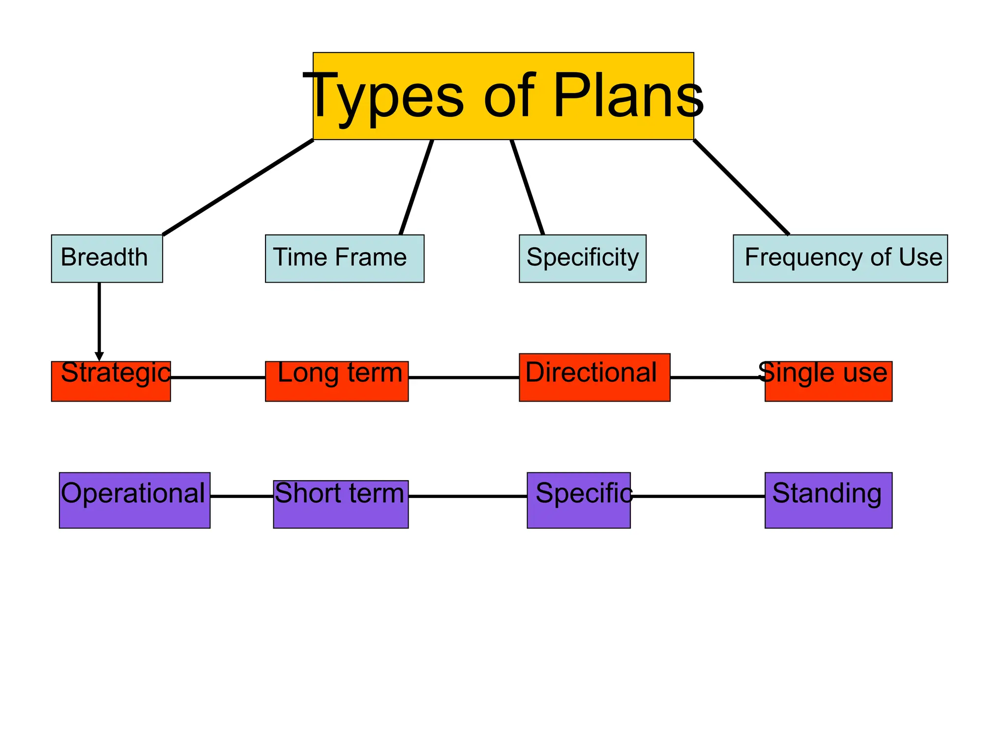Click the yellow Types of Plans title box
pyautogui.click(x=503, y=96)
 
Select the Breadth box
pyautogui.click(x=107, y=259)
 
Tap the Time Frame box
pyautogui.click(x=344, y=259)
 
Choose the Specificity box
pyautogui.click(x=582, y=259)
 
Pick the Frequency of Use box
pyautogui.click(x=840, y=259)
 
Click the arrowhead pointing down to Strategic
pyautogui.click(x=99, y=356)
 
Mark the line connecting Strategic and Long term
pyautogui.click(x=218, y=377)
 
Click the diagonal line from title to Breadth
pyautogui.click(x=238, y=187)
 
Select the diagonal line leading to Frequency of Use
pyautogui.click(x=741, y=187)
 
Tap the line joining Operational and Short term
pyautogui.click(x=241, y=496)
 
